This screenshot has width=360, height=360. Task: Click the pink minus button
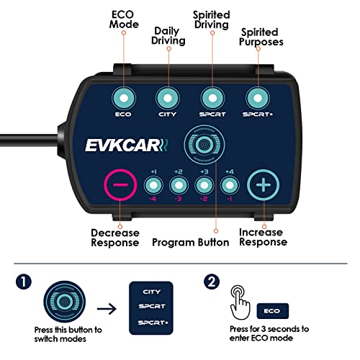(x=120, y=185)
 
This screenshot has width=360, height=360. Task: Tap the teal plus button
(x=264, y=185)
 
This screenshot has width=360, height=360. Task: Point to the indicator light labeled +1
(x=153, y=185)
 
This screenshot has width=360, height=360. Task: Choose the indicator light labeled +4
(x=230, y=185)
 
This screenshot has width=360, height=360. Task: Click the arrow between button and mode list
(x=109, y=310)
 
